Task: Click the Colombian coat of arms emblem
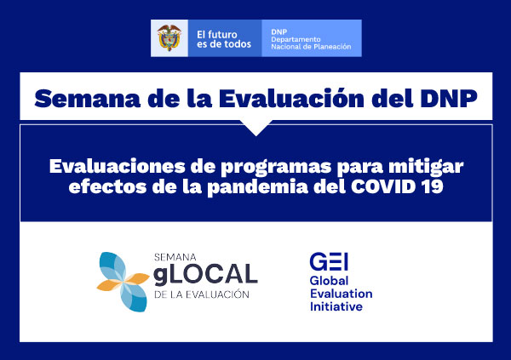169,37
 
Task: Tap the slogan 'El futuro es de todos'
224,39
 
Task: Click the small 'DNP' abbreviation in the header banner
279,31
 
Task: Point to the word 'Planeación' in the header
332,47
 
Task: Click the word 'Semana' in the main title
88,99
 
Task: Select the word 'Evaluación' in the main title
291,98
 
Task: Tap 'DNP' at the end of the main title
449,99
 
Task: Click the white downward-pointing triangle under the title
256,128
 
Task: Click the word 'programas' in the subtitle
276,168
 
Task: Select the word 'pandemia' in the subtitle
258,187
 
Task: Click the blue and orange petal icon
123,282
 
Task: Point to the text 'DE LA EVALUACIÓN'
202,294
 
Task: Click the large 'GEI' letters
329,261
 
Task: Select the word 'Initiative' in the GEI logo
336,306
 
